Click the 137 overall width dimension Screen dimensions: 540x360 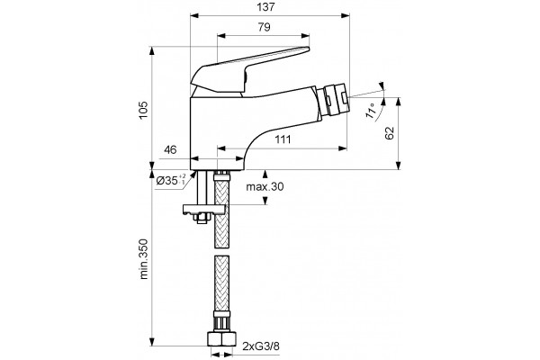(266, 7)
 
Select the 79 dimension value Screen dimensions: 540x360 (264, 27)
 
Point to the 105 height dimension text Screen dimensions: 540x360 (143, 110)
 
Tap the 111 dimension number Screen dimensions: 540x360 (283, 139)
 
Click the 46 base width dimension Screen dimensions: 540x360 (170, 150)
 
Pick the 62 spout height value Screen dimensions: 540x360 (389, 133)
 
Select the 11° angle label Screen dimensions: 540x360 (371, 111)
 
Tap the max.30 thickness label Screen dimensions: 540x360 (265, 186)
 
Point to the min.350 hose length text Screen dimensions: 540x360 (143, 259)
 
